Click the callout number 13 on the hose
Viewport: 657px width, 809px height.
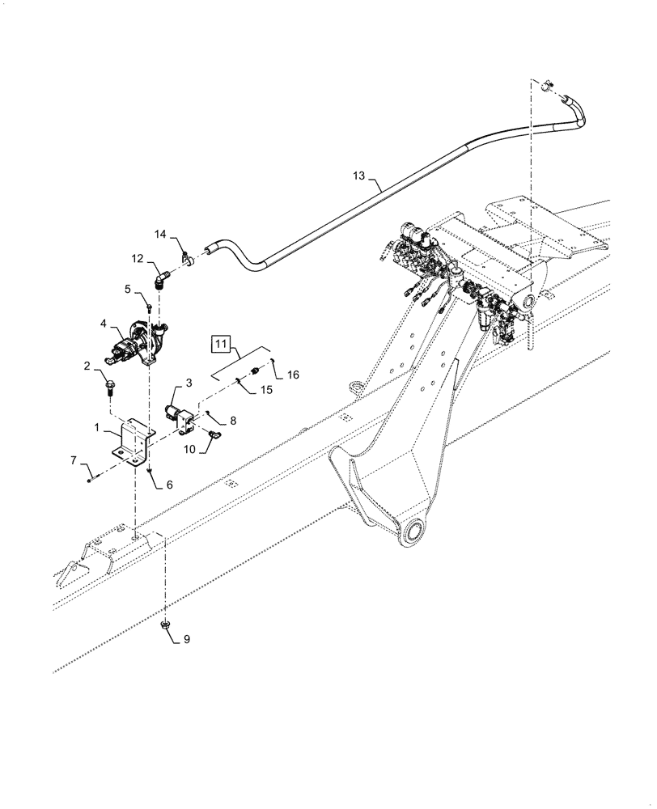pos(359,176)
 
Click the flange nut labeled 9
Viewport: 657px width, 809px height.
pos(166,625)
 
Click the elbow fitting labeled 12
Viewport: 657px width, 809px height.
pos(160,279)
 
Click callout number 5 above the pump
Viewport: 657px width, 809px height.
pos(127,287)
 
